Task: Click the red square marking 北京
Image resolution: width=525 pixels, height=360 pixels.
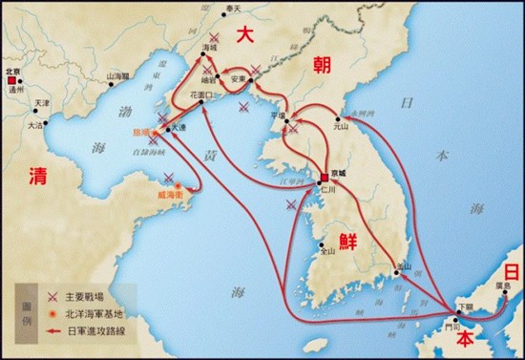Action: tap(12, 83)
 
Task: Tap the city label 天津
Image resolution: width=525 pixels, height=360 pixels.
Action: tap(40, 104)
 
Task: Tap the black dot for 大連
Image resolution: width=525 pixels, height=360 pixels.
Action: tap(168, 129)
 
